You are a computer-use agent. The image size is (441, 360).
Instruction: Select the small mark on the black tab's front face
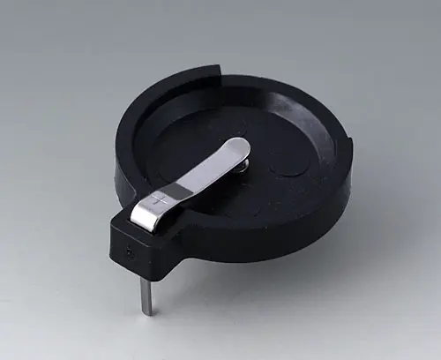pos(131,250)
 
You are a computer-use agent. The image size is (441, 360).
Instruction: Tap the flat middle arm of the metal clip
pos(203,174)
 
